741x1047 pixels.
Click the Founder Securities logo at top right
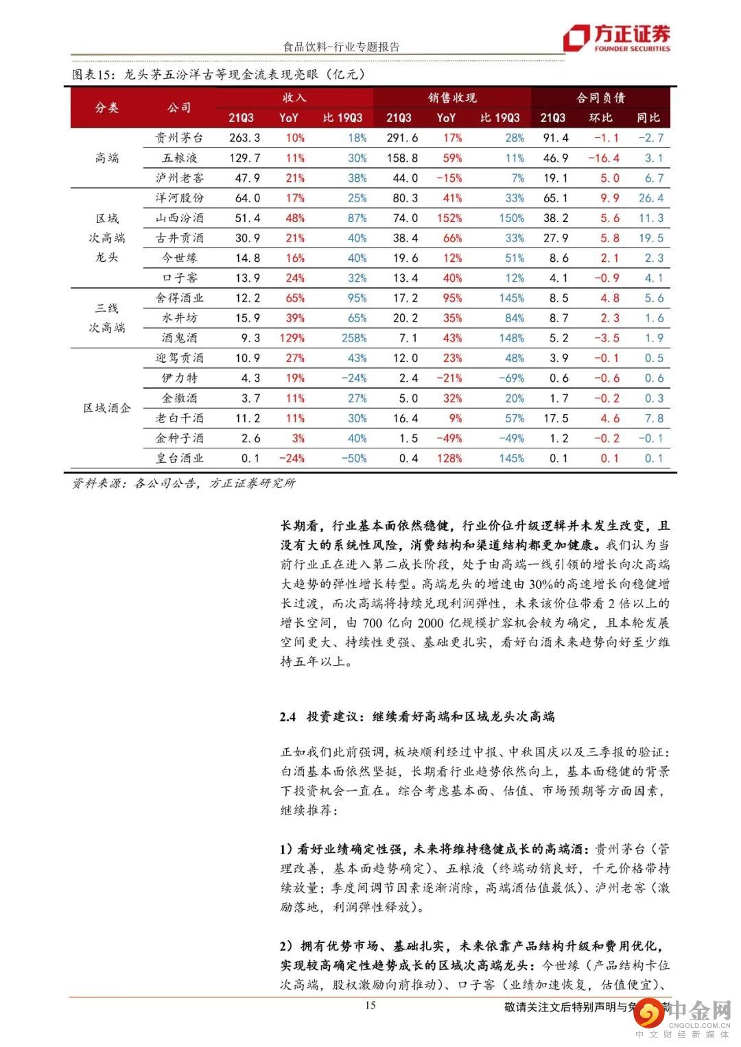(x=616, y=38)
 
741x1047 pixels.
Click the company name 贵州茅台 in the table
(x=179, y=138)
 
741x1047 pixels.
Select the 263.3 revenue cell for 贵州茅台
(x=244, y=138)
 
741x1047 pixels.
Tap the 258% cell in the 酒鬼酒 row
(x=354, y=338)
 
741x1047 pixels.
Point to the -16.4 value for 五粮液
(x=603, y=158)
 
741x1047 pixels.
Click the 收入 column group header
(x=294, y=98)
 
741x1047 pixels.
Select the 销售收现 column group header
(x=452, y=98)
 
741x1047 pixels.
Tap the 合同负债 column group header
(x=600, y=98)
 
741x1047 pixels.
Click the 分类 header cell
(x=107, y=108)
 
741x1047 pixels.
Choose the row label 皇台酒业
(x=179, y=458)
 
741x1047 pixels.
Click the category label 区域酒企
(x=107, y=408)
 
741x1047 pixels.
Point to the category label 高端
(x=107, y=158)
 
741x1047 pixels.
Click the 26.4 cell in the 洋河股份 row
(x=650, y=198)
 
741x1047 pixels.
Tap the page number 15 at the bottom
(x=370, y=1005)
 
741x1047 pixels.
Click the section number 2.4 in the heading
(x=287, y=717)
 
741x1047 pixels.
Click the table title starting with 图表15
(x=218, y=75)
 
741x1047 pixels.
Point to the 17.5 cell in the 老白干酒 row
(x=555, y=418)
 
